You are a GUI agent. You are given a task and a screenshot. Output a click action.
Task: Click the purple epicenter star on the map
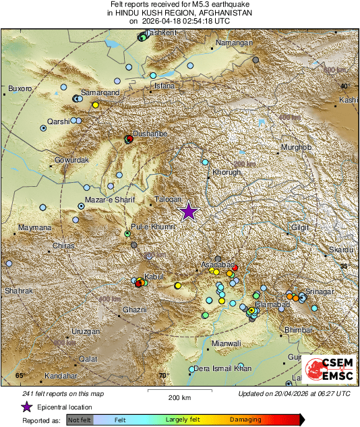[189, 212]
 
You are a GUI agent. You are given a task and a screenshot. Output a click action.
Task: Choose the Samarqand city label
[100, 92]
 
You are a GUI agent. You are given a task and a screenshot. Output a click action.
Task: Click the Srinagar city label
[319, 291]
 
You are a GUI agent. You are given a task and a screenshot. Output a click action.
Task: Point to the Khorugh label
[227, 173]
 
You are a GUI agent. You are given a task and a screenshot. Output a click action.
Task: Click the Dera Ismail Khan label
[222, 368]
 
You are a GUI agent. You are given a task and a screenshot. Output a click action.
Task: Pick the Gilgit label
[300, 228]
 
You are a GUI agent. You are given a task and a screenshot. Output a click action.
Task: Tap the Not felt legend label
[79, 419]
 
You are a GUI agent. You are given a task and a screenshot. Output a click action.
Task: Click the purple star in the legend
[26, 407]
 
